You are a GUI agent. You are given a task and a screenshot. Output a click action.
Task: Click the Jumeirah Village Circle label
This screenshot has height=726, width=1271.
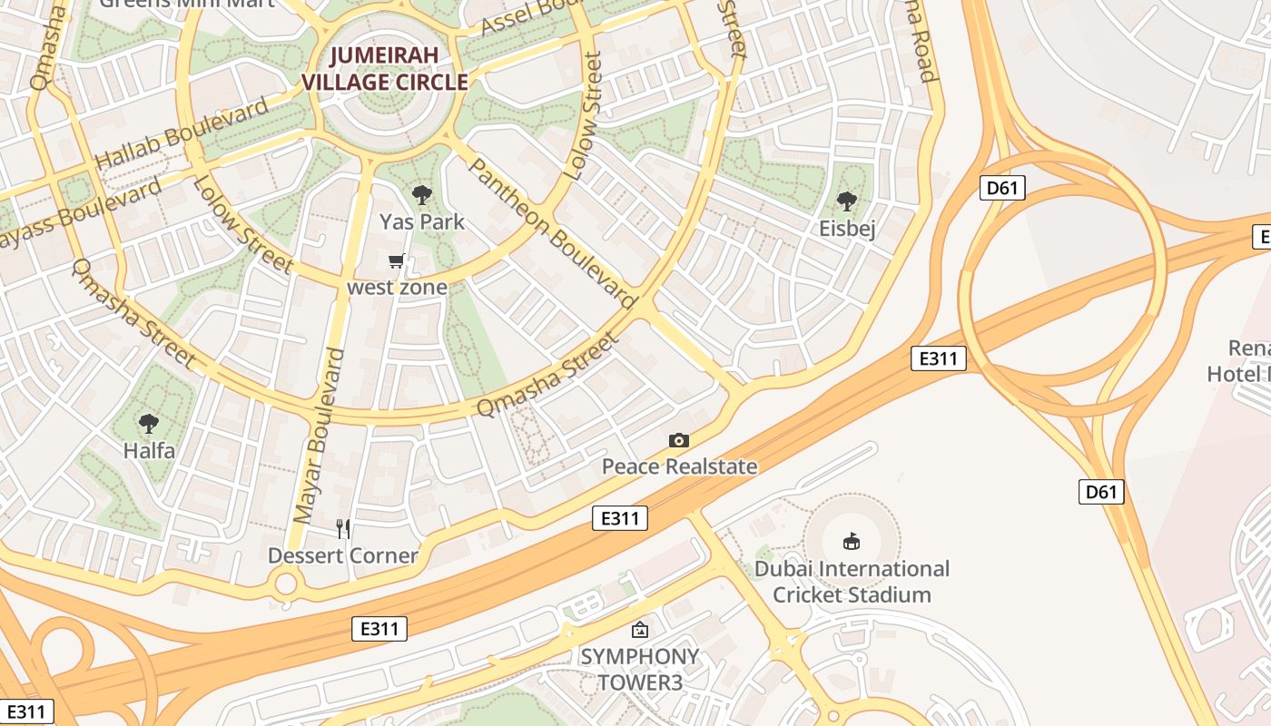tap(385, 69)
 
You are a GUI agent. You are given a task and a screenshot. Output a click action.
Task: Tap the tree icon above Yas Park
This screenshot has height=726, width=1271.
tap(421, 194)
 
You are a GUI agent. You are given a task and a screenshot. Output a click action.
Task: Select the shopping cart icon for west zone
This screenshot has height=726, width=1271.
tap(396, 262)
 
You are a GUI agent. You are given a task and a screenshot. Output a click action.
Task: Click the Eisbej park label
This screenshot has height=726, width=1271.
tap(847, 228)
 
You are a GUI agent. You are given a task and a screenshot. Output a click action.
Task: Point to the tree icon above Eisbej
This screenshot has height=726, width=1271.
tap(847, 201)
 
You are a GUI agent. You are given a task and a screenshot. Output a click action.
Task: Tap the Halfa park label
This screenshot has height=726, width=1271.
tap(149, 450)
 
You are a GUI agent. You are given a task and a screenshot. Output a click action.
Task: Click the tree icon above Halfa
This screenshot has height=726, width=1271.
tap(148, 423)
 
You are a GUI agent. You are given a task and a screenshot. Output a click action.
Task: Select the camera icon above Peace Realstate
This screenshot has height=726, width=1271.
tap(679, 441)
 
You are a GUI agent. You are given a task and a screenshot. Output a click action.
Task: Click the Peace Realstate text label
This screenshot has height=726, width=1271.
tap(679, 466)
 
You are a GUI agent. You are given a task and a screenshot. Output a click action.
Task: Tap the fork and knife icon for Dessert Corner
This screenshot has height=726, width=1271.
tap(343, 528)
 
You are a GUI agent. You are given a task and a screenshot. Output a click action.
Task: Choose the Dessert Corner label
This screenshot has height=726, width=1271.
tap(343, 555)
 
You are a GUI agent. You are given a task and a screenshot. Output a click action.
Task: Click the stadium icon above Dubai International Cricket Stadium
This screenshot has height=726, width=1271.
tap(852, 542)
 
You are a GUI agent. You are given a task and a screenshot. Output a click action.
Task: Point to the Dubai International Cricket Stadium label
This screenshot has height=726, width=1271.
tap(852, 582)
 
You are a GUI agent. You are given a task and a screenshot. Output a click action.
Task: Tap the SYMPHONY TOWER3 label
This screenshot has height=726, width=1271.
tap(640, 669)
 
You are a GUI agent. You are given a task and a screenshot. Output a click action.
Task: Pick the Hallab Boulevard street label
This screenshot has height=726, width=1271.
tap(182, 132)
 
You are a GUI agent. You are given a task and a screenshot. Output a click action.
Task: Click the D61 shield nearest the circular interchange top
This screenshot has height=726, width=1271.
tap(1002, 189)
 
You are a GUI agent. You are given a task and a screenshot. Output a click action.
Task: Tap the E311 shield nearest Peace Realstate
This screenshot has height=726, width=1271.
tap(621, 519)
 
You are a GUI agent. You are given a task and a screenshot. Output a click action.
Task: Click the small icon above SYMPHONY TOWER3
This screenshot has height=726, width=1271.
tap(640, 629)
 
